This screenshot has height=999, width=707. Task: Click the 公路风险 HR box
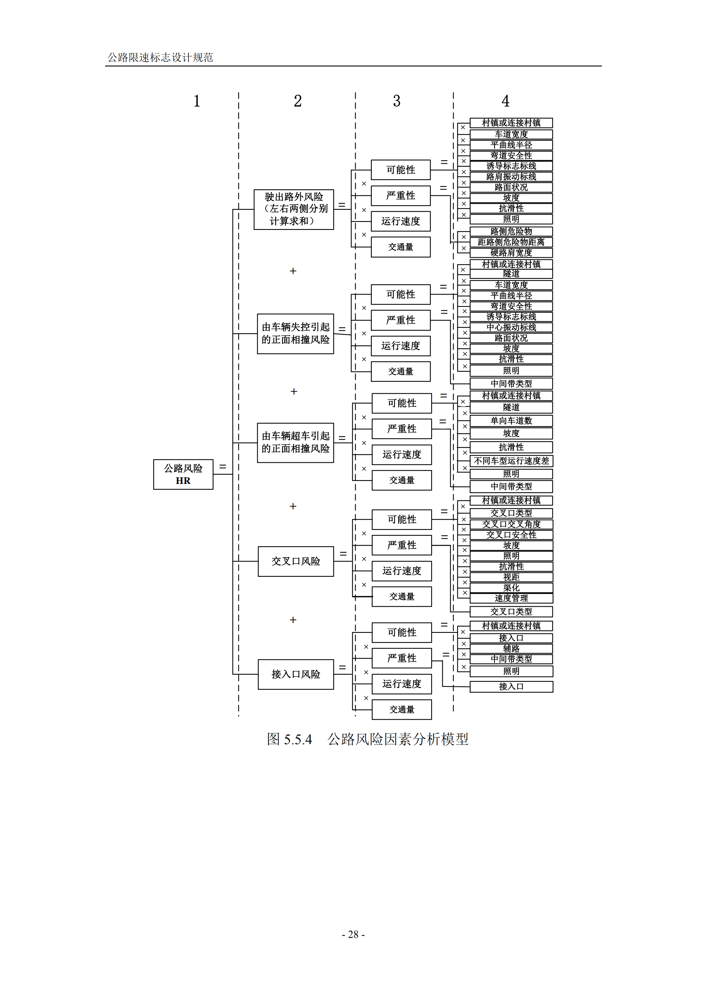(x=183, y=474)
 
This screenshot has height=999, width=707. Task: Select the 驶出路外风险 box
(x=294, y=209)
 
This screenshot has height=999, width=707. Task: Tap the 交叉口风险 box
(x=296, y=561)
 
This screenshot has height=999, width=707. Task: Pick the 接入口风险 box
(x=296, y=674)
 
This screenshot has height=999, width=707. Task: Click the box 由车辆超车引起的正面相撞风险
(x=296, y=442)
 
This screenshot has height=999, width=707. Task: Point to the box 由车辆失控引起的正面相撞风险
(x=296, y=334)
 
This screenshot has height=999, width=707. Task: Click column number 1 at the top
(x=197, y=101)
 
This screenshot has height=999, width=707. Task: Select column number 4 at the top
(x=505, y=101)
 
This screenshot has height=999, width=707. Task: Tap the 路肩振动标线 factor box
(x=511, y=177)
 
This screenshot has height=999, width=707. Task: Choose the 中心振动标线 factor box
(x=511, y=327)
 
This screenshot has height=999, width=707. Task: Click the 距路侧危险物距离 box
(x=511, y=242)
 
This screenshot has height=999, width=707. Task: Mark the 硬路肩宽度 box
(x=511, y=253)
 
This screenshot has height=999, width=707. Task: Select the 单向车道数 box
(x=511, y=421)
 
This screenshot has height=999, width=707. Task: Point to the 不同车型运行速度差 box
(x=511, y=461)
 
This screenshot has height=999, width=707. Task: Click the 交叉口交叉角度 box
(x=511, y=524)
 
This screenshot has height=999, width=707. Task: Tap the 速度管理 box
(x=511, y=598)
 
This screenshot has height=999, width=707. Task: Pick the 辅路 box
(x=511, y=649)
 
